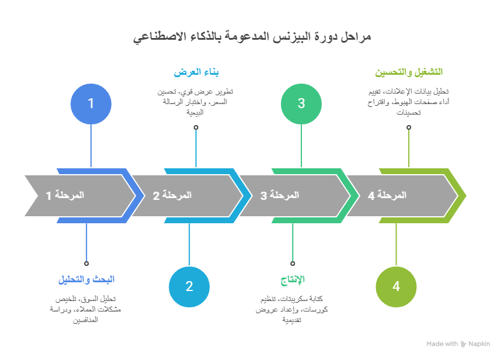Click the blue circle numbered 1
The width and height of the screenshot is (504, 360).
[91, 103]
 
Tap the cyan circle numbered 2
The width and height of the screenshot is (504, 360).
[189, 286]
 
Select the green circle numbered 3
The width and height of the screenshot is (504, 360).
[301, 103]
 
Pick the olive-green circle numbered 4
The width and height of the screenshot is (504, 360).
[396, 286]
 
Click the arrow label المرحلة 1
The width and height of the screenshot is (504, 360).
[65, 195]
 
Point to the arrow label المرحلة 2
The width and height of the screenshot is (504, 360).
[172, 195]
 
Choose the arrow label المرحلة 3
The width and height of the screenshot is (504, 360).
[280, 195]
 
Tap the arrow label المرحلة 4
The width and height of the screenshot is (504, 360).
[387, 195]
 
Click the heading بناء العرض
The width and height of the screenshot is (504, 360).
[196, 72]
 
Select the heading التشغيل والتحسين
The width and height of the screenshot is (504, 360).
[409, 72]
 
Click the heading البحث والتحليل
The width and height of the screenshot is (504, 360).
[86, 279]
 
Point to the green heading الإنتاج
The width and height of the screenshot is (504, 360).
[293, 279]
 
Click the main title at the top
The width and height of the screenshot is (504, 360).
[252, 37]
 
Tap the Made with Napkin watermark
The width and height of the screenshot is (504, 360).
[458, 344]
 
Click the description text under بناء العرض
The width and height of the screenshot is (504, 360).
[196, 102]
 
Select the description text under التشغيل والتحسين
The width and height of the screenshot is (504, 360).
[409, 102]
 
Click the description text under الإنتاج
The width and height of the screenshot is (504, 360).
[293, 309]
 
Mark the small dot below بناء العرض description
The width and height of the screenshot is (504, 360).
[196, 127]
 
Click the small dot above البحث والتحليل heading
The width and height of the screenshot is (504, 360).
[86, 264]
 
